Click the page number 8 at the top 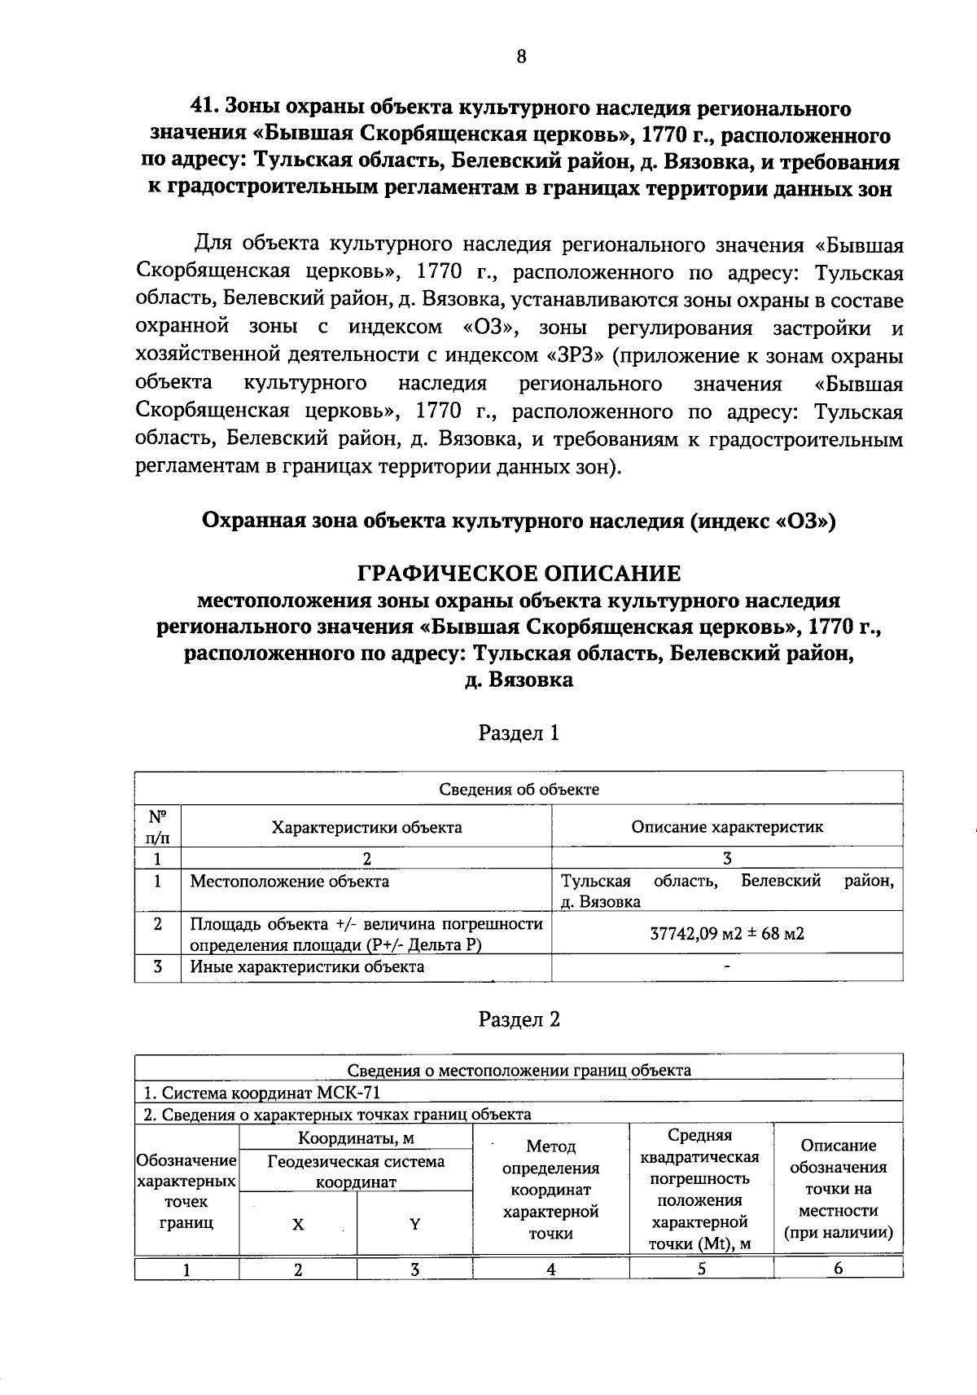tap(521, 56)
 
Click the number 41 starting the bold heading tap(201, 108)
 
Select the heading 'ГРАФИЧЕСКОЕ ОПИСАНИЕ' tap(519, 574)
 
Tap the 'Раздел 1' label tap(519, 733)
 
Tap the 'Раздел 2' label tap(519, 1019)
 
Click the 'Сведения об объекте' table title tap(519, 789)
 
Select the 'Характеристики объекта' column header tap(366, 827)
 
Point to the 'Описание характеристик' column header tap(727, 827)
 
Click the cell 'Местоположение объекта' tap(290, 882)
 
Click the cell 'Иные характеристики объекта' tap(307, 967)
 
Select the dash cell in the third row tap(727, 967)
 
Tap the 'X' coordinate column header tap(298, 1225)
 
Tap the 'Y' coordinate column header tap(414, 1225)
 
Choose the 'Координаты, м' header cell tap(356, 1138)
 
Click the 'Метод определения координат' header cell tap(551, 1190)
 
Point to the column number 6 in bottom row tap(838, 1269)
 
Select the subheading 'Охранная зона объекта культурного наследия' tap(519, 521)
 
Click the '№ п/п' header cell tap(157, 826)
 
